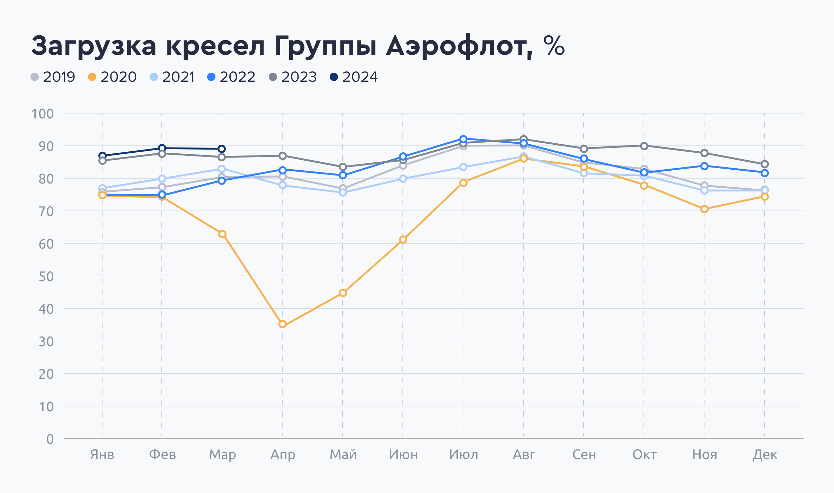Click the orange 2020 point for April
[283, 324]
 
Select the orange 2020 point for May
[343, 293]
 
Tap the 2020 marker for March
[222, 234]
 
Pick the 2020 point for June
[403, 240]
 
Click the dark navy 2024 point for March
[222, 149]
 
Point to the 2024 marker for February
[162, 148]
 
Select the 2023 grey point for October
[644, 146]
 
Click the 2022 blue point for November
[704, 166]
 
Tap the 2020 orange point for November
[704, 209]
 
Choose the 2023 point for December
[765, 164]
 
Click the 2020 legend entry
[112, 77]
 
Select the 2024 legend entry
[354, 77]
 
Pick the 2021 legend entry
[172, 77]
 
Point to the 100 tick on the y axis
[43, 114]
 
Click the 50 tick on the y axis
[46, 277]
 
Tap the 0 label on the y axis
[50, 439]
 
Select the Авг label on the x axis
[524, 455]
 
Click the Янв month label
[102, 455]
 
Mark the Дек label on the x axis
[765, 455]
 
